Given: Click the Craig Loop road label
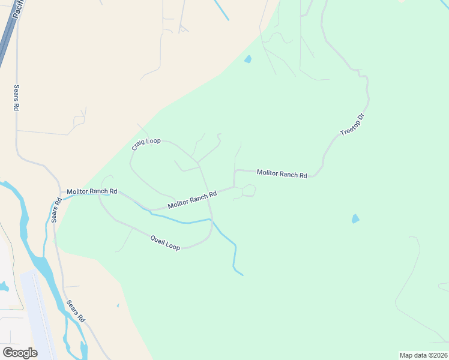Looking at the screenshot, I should point(146,144).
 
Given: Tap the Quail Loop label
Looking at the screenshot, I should point(164,243).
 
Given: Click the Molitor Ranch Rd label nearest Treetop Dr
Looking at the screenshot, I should point(282,174).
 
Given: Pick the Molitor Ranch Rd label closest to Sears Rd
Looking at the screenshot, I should point(92,191).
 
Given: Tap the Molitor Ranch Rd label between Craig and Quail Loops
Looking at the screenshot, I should point(192,200).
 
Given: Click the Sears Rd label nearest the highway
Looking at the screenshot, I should point(16,97).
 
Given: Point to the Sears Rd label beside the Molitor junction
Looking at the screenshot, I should point(56,211).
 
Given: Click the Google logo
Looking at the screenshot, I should point(20,353).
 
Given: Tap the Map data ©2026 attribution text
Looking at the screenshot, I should point(423,355).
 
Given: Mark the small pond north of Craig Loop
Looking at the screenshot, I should point(247,59).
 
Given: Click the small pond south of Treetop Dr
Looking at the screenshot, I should point(355,219).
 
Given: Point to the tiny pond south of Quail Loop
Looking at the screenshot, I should point(118,306).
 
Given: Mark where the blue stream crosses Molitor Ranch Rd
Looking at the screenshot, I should point(144,208).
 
